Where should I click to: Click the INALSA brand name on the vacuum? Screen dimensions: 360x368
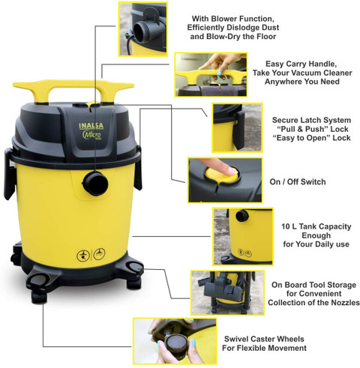pos(91,126)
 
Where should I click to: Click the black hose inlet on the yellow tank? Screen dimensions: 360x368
pos(95,184)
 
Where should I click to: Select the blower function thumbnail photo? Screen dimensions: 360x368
pos(142,29)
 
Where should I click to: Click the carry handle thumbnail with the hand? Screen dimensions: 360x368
pos(211,74)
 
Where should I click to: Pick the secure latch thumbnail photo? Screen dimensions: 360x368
pos(237,127)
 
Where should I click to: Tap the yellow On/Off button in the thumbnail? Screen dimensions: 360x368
pos(220,175)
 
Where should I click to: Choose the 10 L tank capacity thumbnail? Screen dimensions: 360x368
pos(243,236)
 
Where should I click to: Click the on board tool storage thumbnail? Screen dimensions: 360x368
pos(228,293)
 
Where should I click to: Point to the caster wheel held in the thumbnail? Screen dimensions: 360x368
pos(177,343)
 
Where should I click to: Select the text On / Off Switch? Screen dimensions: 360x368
pos(298,181)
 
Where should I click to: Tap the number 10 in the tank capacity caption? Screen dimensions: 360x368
pos(286,226)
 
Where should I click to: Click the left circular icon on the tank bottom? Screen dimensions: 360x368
pos(83,256)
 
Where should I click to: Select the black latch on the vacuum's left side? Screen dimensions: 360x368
pos(9,173)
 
